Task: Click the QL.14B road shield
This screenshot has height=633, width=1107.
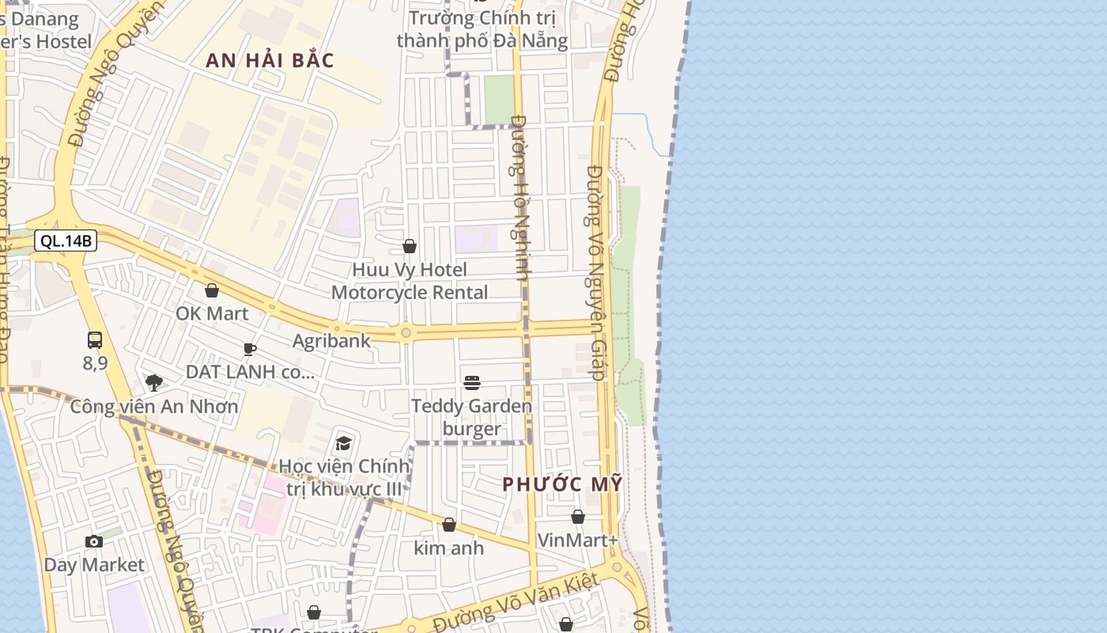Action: tap(66, 241)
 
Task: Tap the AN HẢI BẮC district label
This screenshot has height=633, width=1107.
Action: tap(270, 60)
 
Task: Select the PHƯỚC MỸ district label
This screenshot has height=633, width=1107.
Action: tap(562, 484)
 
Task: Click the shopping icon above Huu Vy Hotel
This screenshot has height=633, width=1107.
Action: tap(410, 247)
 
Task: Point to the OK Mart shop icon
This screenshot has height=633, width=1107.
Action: tap(211, 290)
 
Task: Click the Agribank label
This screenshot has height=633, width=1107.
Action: tap(331, 341)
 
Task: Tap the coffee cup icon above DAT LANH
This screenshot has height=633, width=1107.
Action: tap(250, 349)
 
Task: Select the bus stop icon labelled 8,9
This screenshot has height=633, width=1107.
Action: tap(95, 340)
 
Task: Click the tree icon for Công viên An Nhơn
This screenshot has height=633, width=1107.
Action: tap(154, 383)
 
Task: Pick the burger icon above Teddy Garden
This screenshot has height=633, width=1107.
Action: tap(472, 383)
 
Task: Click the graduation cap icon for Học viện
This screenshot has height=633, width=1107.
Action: tap(343, 443)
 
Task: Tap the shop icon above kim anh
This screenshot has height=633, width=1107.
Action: tap(449, 525)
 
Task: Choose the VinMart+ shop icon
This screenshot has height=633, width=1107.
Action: tap(578, 517)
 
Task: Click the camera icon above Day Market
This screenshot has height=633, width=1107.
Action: tap(94, 541)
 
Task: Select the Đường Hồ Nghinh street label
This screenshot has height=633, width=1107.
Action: tap(520, 198)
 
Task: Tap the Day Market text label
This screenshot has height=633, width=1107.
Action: tap(94, 565)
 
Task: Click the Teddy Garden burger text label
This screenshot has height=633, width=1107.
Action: tap(471, 418)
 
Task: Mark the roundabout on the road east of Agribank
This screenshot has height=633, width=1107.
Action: tap(406, 333)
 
